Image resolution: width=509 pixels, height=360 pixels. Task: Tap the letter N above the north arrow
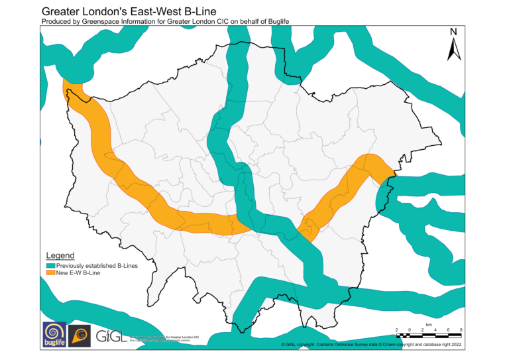pos(453,32)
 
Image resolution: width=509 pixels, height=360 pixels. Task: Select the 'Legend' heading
pos(60,255)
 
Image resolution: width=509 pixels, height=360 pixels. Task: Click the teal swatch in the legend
pos(50,265)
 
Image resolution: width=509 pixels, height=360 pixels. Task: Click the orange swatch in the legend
pos(50,272)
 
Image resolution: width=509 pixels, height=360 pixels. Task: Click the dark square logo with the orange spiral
pos(80,335)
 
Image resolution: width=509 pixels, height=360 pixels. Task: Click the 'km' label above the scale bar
pos(429,324)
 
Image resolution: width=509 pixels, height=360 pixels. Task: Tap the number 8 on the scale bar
pos(461,330)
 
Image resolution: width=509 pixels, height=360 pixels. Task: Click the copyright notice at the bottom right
pos(371,345)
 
